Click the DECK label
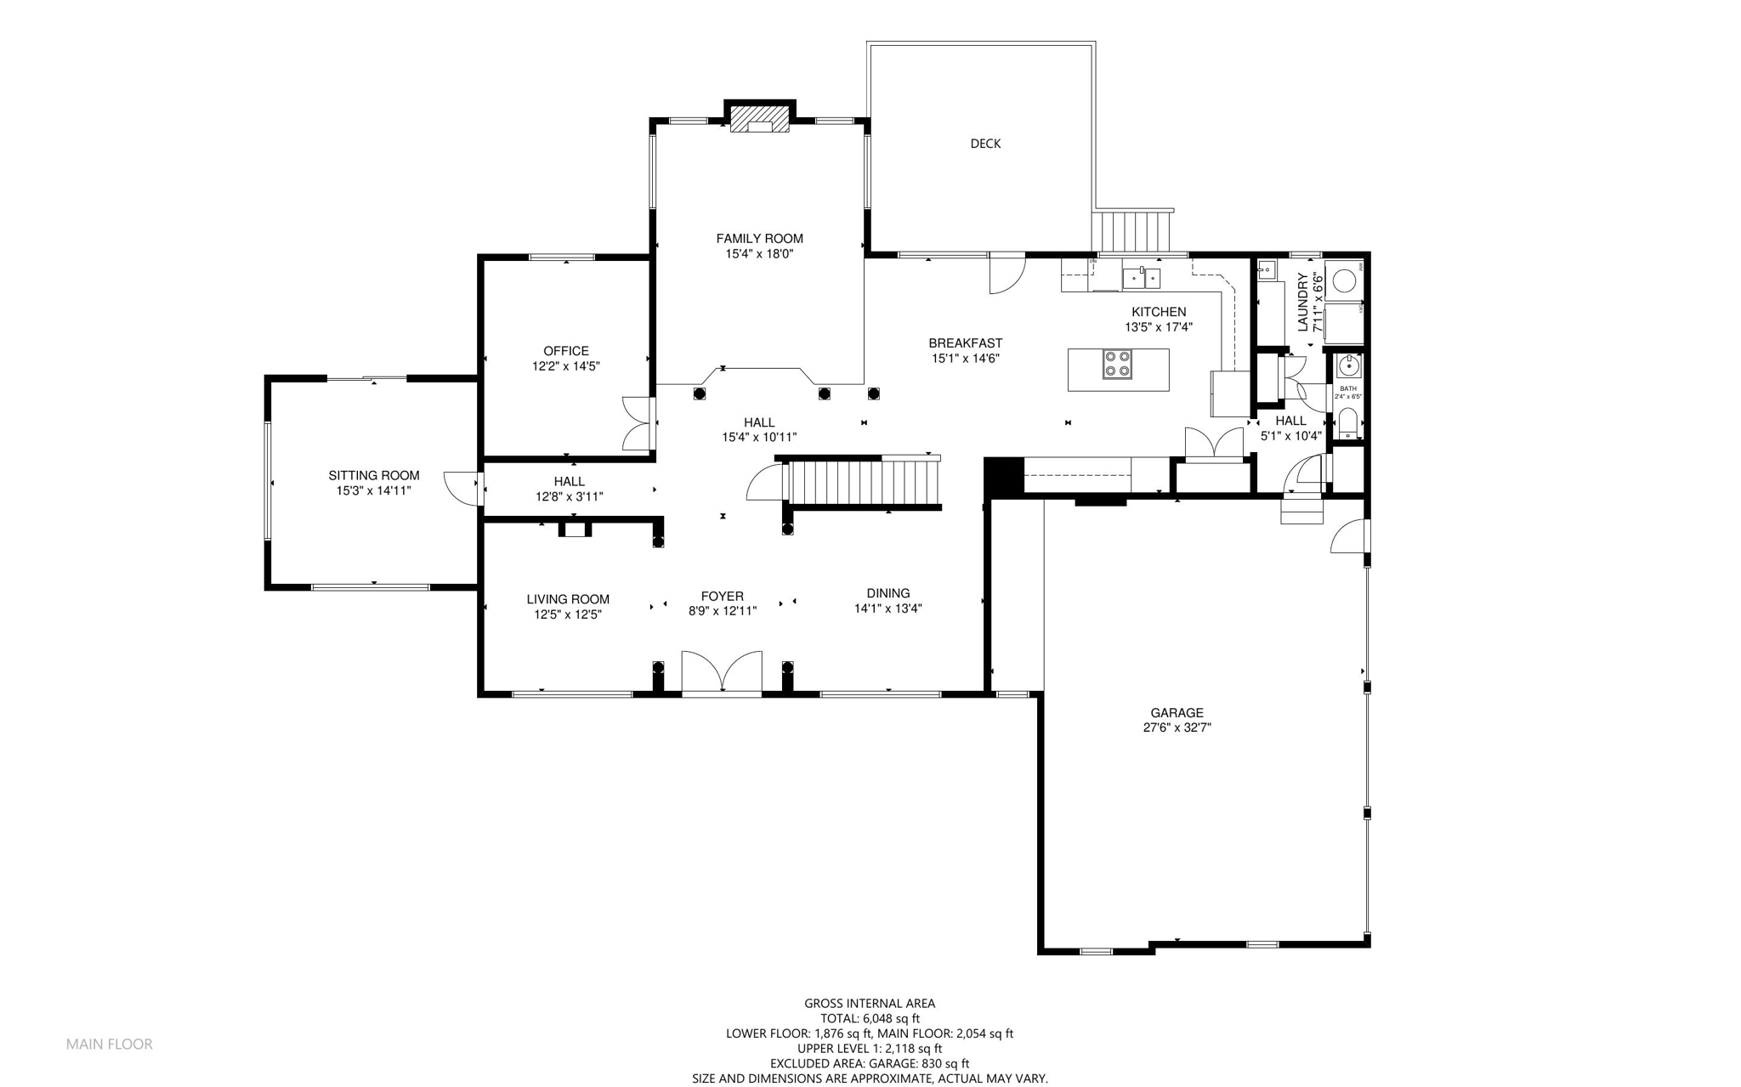pyautogui.click(x=985, y=144)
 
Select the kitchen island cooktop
pyautogui.click(x=1117, y=364)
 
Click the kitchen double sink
pyautogui.click(x=1141, y=278)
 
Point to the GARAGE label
pyautogui.click(x=1177, y=713)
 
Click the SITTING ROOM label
pyautogui.click(x=374, y=475)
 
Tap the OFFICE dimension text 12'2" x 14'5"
pyautogui.click(x=566, y=366)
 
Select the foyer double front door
pyautogui.click(x=722, y=674)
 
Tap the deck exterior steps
pyautogui.click(x=1132, y=231)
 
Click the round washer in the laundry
pyautogui.click(x=1343, y=280)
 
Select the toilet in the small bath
pyautogui.click(x=1348, y=423)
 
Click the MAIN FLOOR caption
pyautogui.click(x=110, y=1044)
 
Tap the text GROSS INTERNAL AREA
pyautogui.click(x=870, y=1004)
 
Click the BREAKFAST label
pyautogui.click(x=965, y=343)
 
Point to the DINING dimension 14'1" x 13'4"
pyautogui.click(x=888, y=609)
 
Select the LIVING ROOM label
pyautogui.click(x=568, y=599)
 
